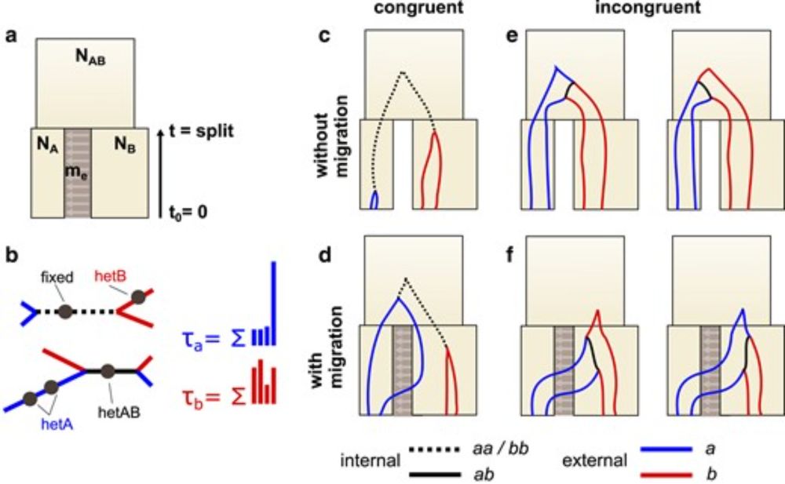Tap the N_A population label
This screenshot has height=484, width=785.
point(46,144)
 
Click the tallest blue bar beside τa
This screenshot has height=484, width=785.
point(274,303)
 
